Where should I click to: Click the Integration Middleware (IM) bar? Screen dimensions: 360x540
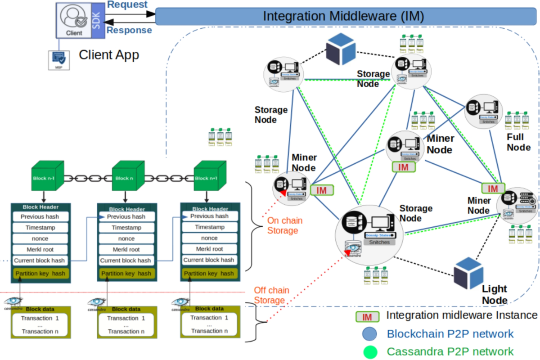(x=343, y=16)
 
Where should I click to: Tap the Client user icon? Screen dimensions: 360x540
(x=74, y=18)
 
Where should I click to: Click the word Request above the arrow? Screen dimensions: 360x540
(x=127, y=5)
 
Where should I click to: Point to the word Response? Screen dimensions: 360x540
(x=129, y=30)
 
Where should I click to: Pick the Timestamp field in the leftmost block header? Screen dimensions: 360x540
(x=40, y=227)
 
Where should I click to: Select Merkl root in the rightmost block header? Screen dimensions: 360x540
(x=209, y=249)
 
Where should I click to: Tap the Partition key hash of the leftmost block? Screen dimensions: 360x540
(x=40, y=273)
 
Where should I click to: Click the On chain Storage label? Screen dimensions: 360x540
(x=284, y=225)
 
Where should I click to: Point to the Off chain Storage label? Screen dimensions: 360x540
(x=271, y=295)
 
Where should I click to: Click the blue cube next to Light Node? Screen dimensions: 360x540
(x=468, y=273)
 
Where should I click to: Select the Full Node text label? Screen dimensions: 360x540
(x=518, y=142)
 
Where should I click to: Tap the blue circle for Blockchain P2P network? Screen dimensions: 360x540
(x=369, y=334)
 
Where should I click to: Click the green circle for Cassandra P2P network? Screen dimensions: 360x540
(x=369, y=351)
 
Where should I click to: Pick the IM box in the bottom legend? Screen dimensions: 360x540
(x=367, y=316)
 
